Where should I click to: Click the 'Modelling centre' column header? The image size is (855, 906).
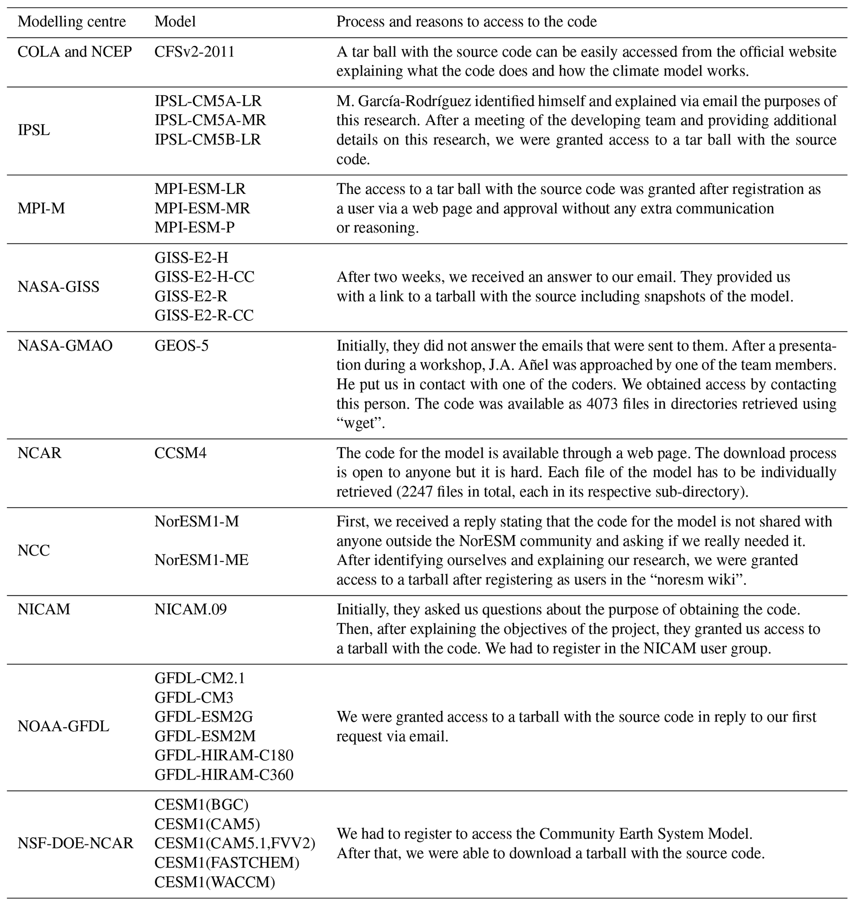pos(72,22)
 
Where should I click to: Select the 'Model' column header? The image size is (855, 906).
pos(175,22)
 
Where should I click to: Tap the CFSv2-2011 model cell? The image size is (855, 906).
pos(194,52)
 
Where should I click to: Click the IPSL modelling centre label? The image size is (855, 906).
pos(34,130)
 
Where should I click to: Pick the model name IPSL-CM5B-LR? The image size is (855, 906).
pos(208,139)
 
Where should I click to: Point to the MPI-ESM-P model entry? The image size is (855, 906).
pos(194,227)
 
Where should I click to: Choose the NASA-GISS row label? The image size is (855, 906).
pos(58,287)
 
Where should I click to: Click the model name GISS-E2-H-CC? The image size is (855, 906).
pos(204,277)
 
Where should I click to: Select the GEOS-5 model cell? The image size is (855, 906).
pos(182,346)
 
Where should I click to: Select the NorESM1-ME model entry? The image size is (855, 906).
pos(201,560)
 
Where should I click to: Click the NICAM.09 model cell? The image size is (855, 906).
pos(191,609)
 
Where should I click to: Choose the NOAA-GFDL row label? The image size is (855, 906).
pos(63,727)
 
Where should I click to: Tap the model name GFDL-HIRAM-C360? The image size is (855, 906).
pos(224,775)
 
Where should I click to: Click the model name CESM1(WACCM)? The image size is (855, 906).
pos(215,882)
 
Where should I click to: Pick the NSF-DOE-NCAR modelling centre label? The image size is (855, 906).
pos(76,844)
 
